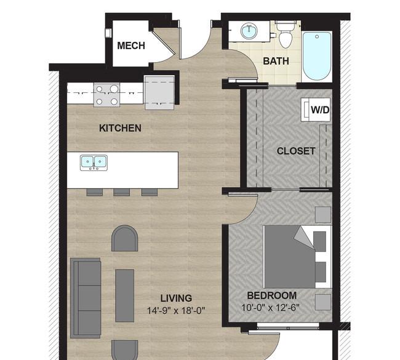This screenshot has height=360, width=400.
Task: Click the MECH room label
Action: [x=131, y=46]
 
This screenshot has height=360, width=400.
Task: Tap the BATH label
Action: [x=276, y=62]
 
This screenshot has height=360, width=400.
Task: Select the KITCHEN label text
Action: [x=120, y=128]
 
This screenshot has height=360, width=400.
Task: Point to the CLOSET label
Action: [x=296, y=151]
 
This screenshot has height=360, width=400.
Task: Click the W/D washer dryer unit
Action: [x=316, y=110]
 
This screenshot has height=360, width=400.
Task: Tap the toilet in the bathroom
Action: [x=286, y=35]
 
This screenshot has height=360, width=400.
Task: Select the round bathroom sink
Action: [x=249, y=31]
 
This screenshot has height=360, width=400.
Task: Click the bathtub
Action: [x=317, y=56]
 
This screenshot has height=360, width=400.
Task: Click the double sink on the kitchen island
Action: [x=94, y=162]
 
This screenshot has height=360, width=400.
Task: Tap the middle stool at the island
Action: [x=121, y=193]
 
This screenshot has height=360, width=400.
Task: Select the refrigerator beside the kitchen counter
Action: [x=159, y=92]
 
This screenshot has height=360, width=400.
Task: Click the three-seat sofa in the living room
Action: [x=86, y=298]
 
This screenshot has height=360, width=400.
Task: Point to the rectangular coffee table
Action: [x=125, y=296]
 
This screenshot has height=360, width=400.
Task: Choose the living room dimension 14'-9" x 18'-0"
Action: [x=176, y=311]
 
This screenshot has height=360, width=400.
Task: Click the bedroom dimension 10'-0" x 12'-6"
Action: [x=270, y=308]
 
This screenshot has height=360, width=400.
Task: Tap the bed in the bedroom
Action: [x=297, y=257]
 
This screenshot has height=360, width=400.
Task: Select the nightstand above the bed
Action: [x=323, y=215]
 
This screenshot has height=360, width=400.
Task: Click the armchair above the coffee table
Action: [x=125, y=238]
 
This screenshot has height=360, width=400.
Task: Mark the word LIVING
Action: [x=176, y=298]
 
